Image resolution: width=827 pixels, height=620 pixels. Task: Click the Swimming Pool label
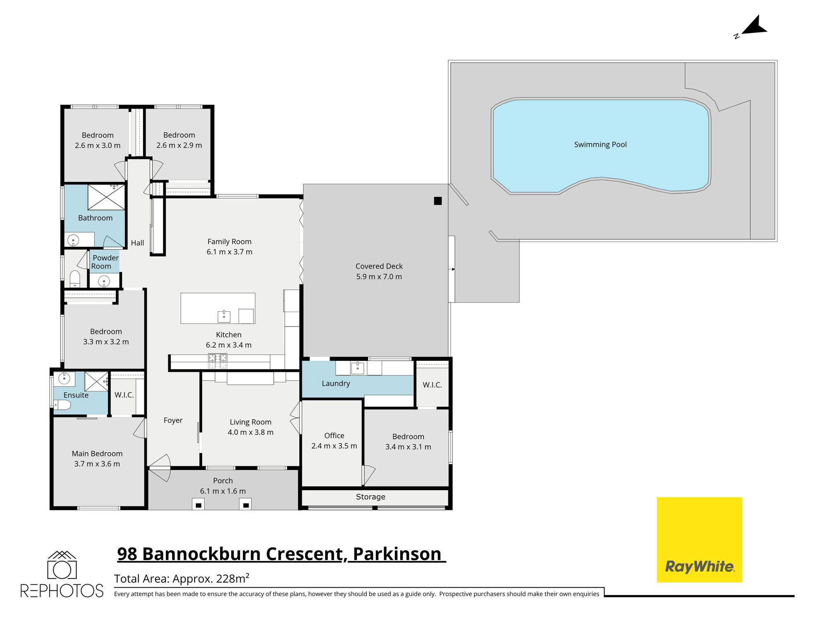(600, 145)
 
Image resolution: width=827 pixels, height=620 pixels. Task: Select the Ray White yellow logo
(699, 539)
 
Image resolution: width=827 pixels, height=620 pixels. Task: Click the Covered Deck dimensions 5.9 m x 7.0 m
(379, 277)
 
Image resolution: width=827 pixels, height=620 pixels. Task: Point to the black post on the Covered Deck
(437, 201)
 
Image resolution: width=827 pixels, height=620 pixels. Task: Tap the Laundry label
(336, 384)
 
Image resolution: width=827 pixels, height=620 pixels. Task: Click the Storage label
(370, 497)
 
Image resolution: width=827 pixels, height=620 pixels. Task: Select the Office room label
(334, 436)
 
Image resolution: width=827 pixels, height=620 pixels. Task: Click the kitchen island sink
(224, 316)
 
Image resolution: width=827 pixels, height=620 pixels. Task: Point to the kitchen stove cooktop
(218, 361)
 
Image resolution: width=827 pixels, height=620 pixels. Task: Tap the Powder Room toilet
(75, 278)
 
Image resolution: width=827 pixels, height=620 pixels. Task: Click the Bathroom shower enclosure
(106, 198)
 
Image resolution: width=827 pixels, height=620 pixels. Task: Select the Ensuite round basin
(64, 378)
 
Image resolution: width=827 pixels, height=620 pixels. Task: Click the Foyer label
(173, 420)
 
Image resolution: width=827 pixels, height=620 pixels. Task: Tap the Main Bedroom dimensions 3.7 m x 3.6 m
(97, 464)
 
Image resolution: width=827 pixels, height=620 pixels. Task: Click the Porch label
(223, 481)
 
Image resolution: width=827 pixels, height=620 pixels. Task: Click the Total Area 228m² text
(182, 579)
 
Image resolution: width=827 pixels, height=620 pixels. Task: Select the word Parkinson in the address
(397, 554)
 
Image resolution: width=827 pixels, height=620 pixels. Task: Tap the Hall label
(137, 243)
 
